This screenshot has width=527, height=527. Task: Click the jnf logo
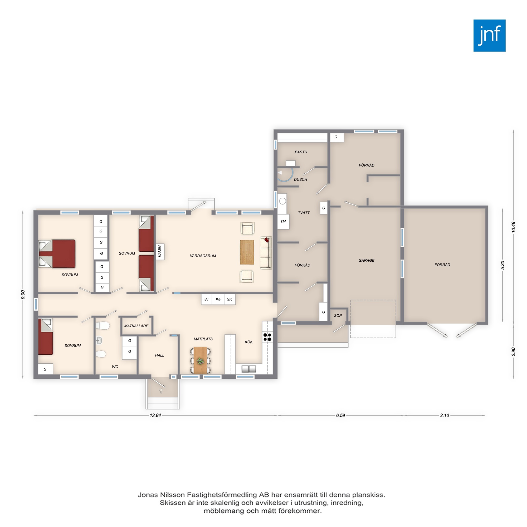click(x=489, y=36)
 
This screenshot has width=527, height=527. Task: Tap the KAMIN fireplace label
click(x=160, y=251)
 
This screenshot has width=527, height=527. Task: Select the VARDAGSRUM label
click(x=203, y=256)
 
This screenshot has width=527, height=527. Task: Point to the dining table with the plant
click(x=200, y=360)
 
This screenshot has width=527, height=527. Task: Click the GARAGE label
click(x=366, y=261)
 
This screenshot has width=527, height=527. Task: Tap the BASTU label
click(x=301, y=152)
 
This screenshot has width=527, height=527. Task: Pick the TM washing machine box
click(x=283, y=222)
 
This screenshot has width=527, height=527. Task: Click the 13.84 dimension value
click(x=155, y=416)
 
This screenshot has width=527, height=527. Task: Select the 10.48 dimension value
click(x=514, y=227)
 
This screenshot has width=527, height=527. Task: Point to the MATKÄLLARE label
click(x=136, y=326)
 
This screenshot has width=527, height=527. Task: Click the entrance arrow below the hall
click(x=161, y=391)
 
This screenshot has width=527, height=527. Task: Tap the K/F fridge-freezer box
click(x=218, y=299)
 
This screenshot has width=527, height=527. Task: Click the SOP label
click(x=338, y=316)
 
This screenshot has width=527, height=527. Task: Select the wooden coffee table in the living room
click(x=247, y=252)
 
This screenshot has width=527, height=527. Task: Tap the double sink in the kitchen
click(x=249, y=369)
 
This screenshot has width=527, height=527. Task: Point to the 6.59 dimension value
click(x=340, y=416)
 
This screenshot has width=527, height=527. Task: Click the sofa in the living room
click(x=266, y=253)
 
